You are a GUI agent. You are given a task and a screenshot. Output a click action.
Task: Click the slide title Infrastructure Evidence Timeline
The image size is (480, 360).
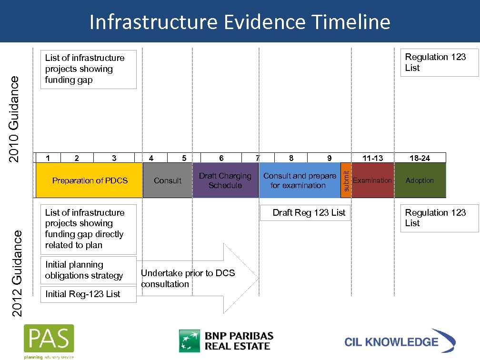coord(240,22)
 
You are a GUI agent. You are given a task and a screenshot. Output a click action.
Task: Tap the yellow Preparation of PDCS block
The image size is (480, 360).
coord(90,180)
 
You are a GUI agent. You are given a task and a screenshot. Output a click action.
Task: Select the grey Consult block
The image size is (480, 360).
coord(168,180)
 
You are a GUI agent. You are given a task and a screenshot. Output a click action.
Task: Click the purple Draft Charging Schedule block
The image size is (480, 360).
coord(225,180)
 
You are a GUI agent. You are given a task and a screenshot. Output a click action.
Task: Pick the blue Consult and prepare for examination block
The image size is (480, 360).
coord(299,180)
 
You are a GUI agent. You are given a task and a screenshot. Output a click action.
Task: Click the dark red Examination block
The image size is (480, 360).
coord(372,180)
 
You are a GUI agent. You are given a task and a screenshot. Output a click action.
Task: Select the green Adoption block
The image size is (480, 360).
coord(420,180)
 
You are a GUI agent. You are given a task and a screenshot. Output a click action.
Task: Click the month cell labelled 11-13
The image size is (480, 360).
coord(372,158)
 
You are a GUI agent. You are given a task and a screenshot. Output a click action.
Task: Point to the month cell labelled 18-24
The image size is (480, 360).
coord(420,158)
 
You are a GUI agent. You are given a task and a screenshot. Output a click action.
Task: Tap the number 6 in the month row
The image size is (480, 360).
coord(221,158)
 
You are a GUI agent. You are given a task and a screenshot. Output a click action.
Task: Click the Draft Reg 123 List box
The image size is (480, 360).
coord(309,213)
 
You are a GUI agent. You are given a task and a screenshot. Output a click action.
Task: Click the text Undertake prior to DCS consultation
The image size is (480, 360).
coord(188,279)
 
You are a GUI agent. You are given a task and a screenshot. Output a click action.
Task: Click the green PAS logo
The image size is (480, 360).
coord(49,341)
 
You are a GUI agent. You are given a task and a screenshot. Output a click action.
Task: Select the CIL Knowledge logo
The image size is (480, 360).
coord(399,341)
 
